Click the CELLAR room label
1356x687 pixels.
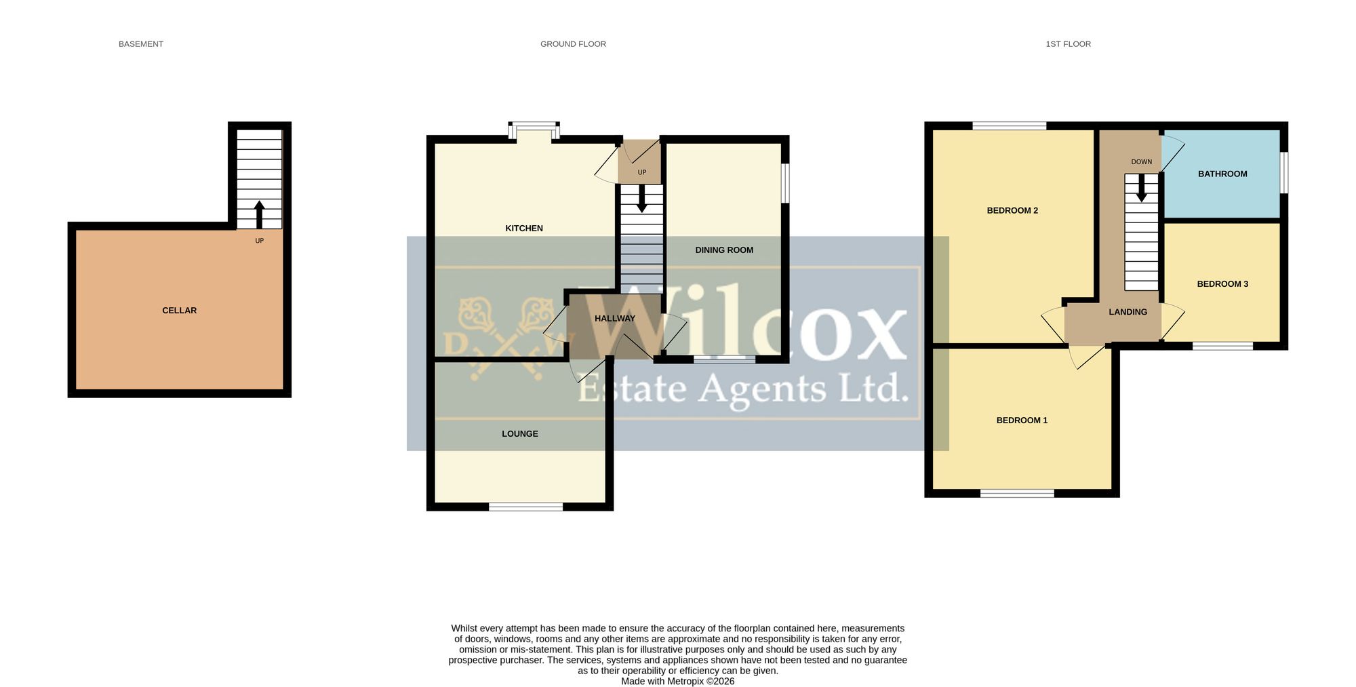[179, 311]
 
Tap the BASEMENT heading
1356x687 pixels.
[141, 44]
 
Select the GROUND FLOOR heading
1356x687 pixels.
[573, 44]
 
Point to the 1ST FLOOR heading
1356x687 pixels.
[1068, 44]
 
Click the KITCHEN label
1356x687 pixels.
[524, 229]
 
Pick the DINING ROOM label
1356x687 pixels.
[724, 250]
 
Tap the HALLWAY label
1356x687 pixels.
[615, 319]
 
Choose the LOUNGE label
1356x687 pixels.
[520, 434]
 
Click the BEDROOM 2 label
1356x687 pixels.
[1012, 211]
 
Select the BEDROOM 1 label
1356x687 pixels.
[1022, 420]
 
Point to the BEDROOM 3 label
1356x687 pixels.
[1222, 284]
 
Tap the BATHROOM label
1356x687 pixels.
[1222, 174]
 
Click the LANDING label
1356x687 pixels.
[1128, 312]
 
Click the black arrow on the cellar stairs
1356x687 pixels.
[259, 214]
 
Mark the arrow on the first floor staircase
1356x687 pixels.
[1142, 188]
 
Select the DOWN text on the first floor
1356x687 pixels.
[1142, 162]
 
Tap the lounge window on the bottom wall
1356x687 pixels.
[526, 506]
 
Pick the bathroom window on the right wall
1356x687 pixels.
[1284, 173]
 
